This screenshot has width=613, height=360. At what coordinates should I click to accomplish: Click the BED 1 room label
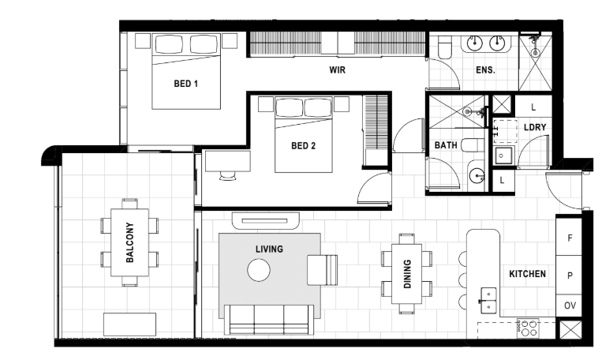point(185,84)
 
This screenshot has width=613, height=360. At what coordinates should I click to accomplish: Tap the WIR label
point(337,70)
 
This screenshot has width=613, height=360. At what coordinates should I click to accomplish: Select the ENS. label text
point(485,70)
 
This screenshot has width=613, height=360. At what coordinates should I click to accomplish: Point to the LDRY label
point(535,127)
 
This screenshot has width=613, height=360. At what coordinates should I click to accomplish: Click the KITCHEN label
point(527,274)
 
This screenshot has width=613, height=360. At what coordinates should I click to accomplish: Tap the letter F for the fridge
point(570,238)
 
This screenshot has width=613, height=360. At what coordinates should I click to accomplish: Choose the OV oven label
point(570,306)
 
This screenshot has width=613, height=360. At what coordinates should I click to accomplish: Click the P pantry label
point(570,276)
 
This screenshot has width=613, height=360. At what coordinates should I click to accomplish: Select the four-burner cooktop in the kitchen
point(528,328)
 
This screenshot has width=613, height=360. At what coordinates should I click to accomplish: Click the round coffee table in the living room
point(259,270)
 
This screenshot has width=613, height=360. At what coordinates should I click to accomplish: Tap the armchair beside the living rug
point(322,270)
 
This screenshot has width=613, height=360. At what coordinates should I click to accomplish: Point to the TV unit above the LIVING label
point(265,221)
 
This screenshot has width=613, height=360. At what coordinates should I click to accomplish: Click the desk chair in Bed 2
point(228,176)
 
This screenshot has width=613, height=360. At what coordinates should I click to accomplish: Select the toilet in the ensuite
point(445,47)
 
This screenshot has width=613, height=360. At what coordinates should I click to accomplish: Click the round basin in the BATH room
point(477,176)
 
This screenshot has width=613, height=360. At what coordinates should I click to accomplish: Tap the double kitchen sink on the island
point(488,301)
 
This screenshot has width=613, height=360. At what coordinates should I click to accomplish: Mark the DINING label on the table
point(407,274)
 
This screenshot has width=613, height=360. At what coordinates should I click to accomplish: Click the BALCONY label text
point(130,242)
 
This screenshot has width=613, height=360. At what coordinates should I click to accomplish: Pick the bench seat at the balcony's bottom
point(130,324)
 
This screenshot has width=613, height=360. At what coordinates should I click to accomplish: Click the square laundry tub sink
point(502,156)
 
